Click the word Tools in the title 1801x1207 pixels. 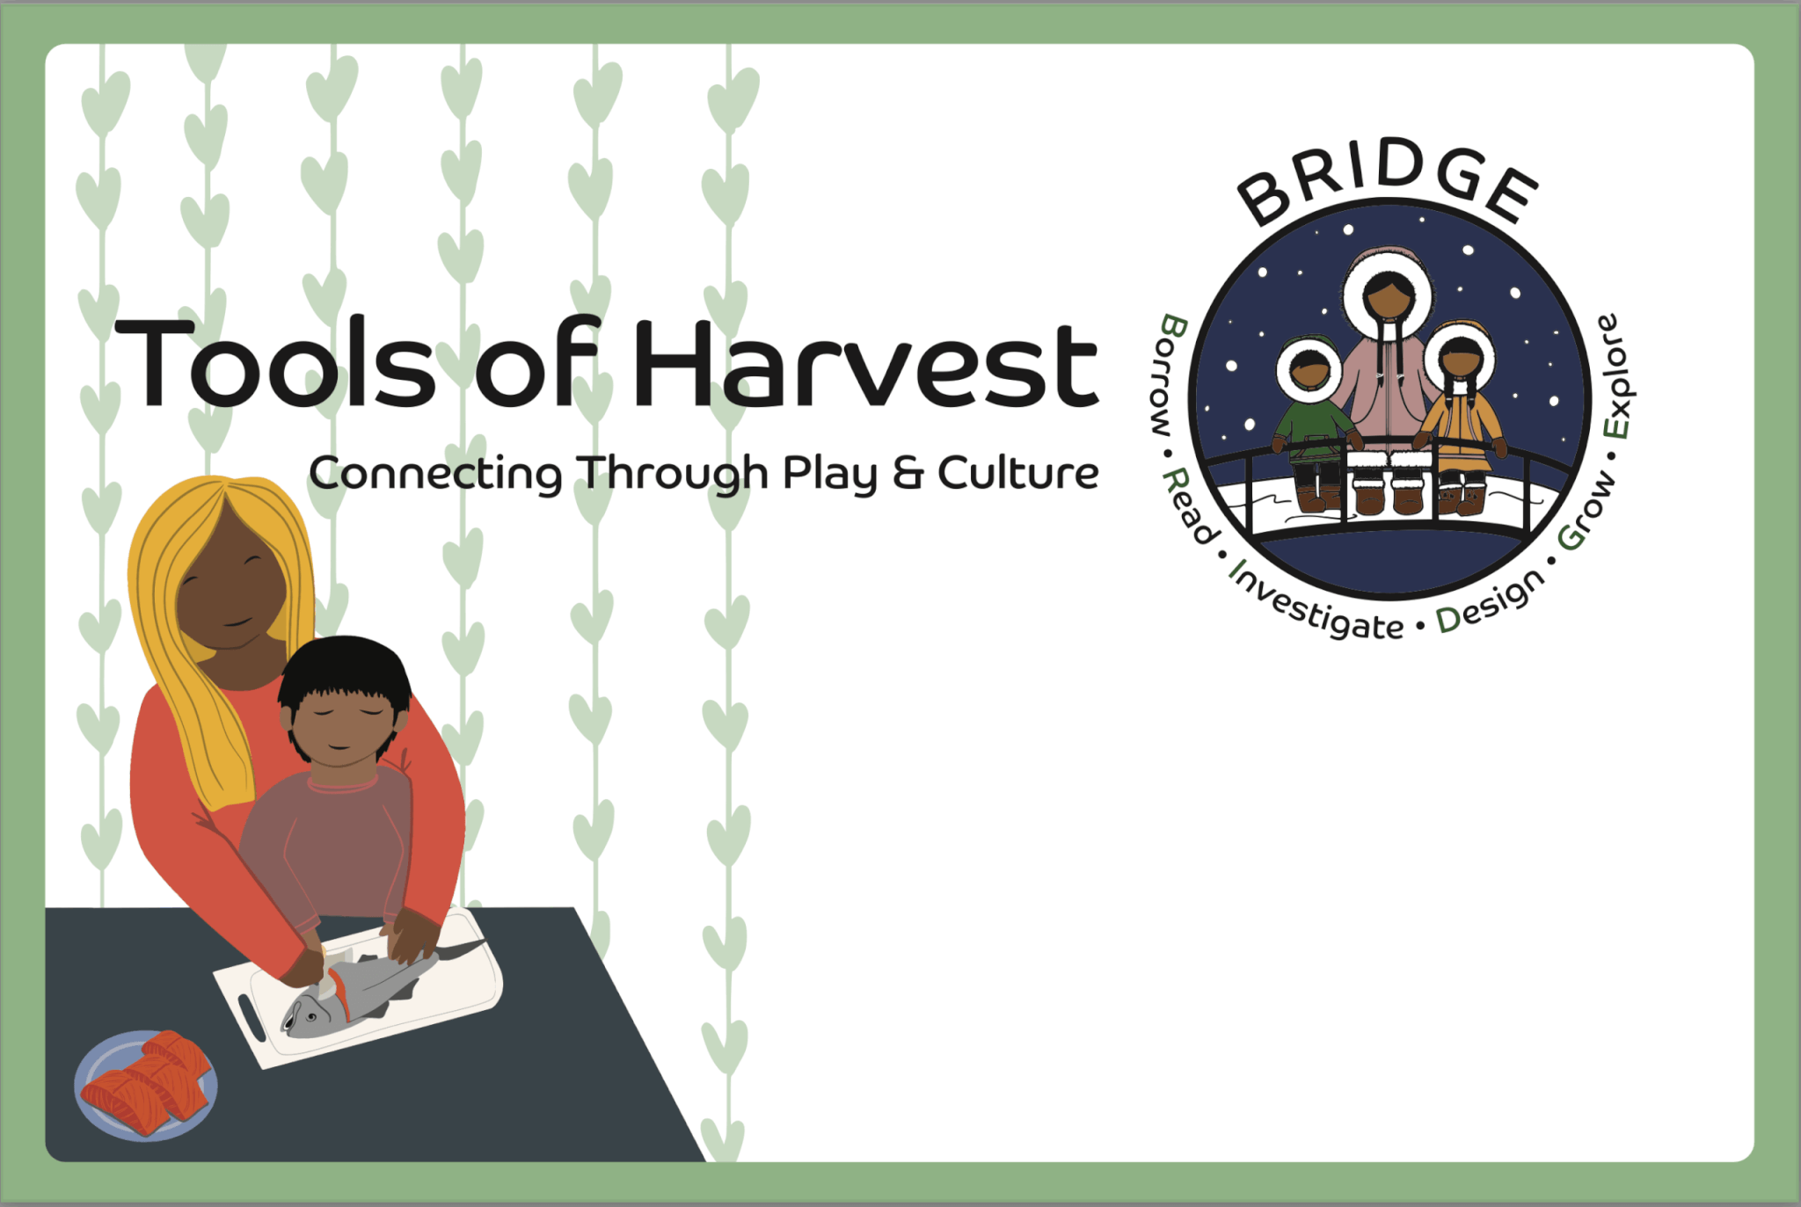(274, 363)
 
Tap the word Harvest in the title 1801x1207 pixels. (866, 363)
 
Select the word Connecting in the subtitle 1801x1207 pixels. (435, 475)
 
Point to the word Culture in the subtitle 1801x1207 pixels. (1018, 472)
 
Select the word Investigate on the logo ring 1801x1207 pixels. (1316, 601)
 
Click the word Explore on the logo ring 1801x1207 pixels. (1615, 376)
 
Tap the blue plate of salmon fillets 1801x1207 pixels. (146, 1085)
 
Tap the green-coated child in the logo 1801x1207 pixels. (1310, 422)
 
